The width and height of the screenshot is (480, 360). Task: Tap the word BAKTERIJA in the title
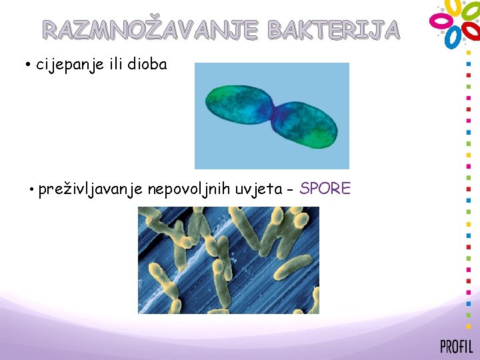coord(333,29)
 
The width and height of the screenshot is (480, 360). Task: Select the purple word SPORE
coord(325,189)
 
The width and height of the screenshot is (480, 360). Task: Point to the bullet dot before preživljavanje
coord(31,190)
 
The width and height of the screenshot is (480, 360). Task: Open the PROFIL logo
coord(457,346)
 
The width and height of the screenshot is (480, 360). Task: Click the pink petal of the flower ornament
coord(440,21)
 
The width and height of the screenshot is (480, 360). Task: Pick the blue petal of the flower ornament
coord(453,37)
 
